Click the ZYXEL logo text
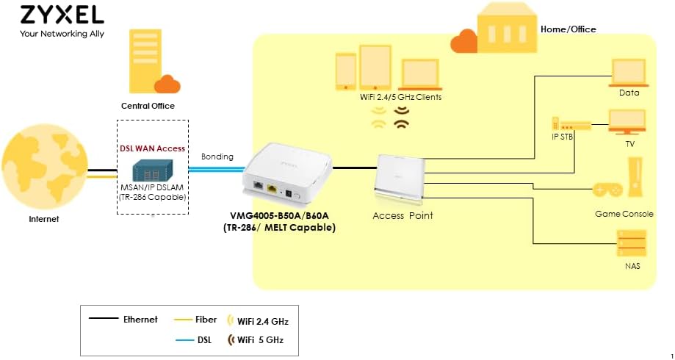62,15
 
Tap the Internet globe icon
44,173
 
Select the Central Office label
148,106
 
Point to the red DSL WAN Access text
153,148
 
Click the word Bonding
217,156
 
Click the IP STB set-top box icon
570,126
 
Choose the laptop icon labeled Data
629,71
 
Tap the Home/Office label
568,29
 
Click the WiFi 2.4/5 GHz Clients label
400,97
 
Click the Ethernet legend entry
124,320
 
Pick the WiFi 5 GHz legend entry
255,340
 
